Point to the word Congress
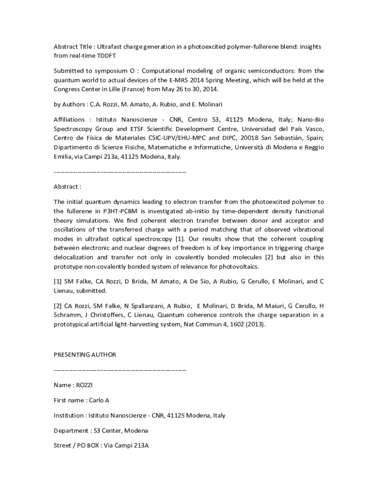67,89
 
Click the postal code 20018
252,138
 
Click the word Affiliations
69,119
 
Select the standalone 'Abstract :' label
67,186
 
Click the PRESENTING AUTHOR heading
85,354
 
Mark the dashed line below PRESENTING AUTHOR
120,370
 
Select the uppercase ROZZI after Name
86,385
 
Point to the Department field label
71,430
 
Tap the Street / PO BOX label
76,446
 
